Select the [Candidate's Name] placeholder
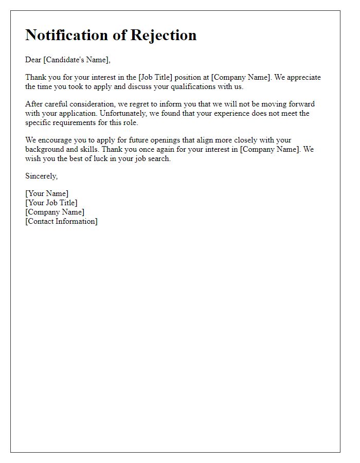coord(77,60)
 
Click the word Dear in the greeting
coord(33,60)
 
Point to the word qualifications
coord(201,86)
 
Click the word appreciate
coord(303,77)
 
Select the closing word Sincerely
coord(42,176)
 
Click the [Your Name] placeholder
coord(47,193)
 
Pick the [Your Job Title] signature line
coord(51,203)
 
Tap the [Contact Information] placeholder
coord(61,221)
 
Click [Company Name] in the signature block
coord(55,212)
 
